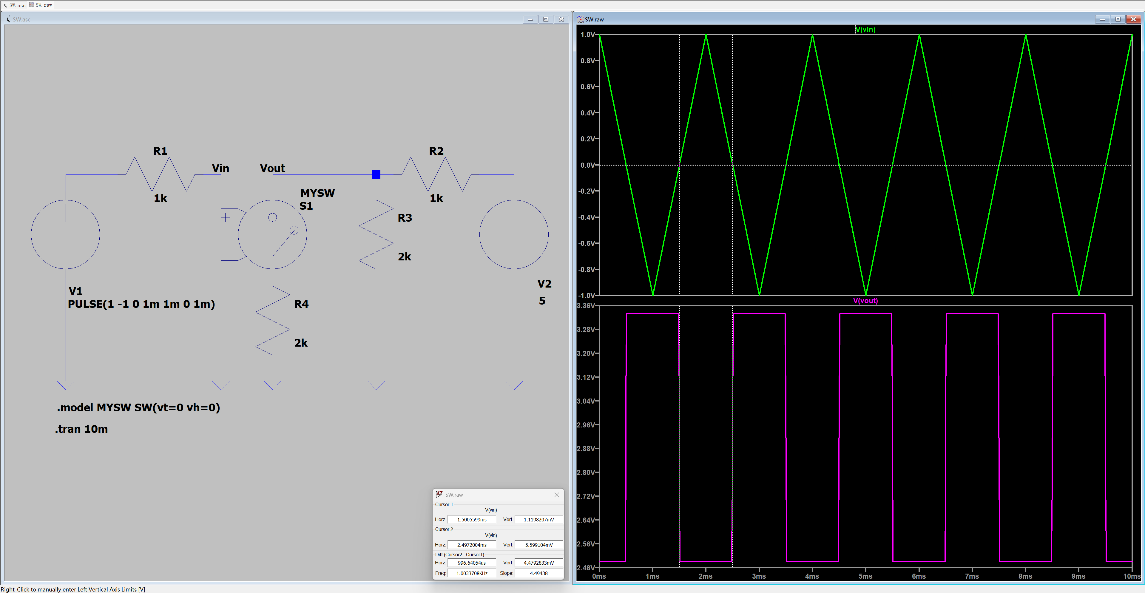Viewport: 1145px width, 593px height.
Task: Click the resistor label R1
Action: (x=160, y=151)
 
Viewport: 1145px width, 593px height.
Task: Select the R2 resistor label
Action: (x=436, y=151)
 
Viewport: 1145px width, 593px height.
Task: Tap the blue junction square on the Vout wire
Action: (x=376, y=174)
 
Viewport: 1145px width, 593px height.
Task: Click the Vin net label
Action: (x=220, y=169)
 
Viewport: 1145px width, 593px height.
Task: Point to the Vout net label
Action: (x=272, y=169)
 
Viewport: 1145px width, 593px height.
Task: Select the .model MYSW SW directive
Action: (x=138, y=408)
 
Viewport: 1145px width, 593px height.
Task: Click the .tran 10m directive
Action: (x=81, y=429)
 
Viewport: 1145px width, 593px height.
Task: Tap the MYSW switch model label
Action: (x=317, y=193)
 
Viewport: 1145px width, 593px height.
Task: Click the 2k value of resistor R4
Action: (x=301, y=343)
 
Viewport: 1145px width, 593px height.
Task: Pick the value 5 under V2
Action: (x=542, y=301)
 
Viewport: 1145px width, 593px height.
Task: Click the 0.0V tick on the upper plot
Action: (x=588, y=165)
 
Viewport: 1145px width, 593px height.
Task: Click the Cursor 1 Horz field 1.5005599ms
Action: (x=472, y=519)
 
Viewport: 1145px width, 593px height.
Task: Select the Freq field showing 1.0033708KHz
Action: (x=472, y=573)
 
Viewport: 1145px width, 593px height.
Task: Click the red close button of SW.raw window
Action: (x=1133, y=19)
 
